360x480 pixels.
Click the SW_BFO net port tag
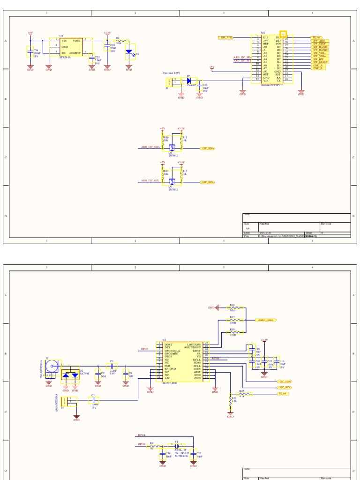click(226, 37)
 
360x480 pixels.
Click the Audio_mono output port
click(265, 320)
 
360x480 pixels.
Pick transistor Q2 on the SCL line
click(172, 180)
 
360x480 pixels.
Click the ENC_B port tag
click(319, 68)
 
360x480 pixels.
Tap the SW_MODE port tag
click(320, 62)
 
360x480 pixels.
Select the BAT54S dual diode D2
click(70, 375)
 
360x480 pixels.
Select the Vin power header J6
click(169, 82)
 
